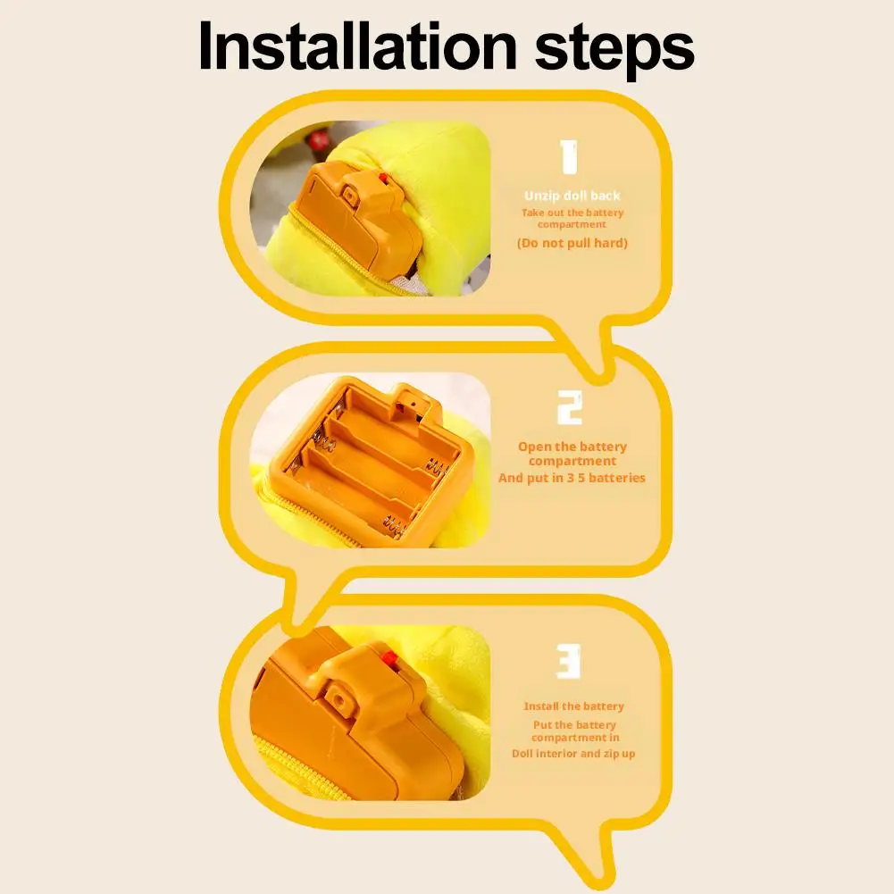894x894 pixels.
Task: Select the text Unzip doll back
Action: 572,196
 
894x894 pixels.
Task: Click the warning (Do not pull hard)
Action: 572,243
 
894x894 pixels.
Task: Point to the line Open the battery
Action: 572,447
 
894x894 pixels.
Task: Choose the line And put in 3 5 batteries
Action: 572,478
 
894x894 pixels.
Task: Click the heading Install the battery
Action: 573,706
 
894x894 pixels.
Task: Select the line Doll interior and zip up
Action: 573,753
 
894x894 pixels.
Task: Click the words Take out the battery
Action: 572,213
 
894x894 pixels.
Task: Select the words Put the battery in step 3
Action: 573,725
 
